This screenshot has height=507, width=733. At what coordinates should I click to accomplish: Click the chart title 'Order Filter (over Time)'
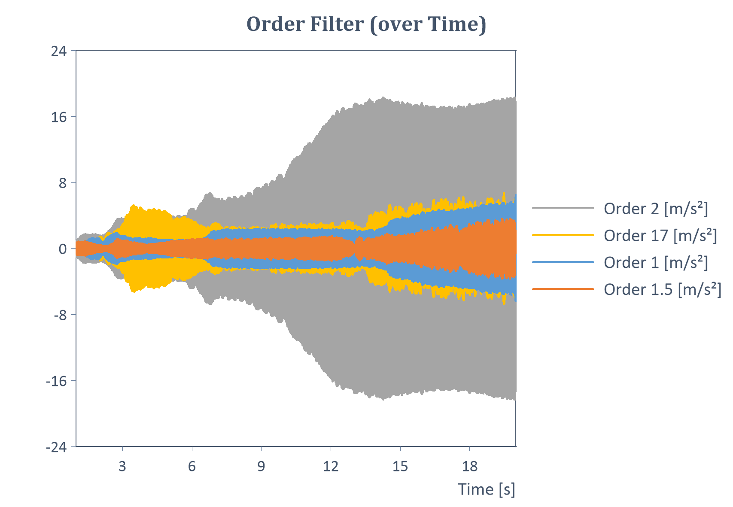tap(366, 24)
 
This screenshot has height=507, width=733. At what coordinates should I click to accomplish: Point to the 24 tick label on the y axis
tap(59, 52)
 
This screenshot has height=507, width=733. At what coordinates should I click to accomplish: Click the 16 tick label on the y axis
tap(59, 117)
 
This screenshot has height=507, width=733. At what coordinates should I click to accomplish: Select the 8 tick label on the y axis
tap(63, 183)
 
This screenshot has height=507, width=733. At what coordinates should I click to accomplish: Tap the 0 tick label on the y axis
tap(63, 249)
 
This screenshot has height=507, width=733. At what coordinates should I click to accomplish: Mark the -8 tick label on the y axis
tap(60, 315)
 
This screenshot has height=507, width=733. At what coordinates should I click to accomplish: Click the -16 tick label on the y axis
tap(57, 381)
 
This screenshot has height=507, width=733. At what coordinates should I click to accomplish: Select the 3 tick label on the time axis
tap(123, 466)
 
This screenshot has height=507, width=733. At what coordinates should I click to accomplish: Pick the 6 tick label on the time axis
tap(192, 466)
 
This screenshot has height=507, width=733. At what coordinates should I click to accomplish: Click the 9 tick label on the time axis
tap(262, 466)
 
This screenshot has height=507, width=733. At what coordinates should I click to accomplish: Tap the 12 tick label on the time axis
tap(331, 466)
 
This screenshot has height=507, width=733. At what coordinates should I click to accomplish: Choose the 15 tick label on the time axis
tap(400, 466)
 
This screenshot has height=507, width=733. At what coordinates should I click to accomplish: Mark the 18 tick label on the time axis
tap(470, 466)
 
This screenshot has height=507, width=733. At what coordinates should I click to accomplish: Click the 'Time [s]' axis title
tap(486, 489)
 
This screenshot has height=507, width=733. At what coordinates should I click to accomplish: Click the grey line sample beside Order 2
tap(563, 208)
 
